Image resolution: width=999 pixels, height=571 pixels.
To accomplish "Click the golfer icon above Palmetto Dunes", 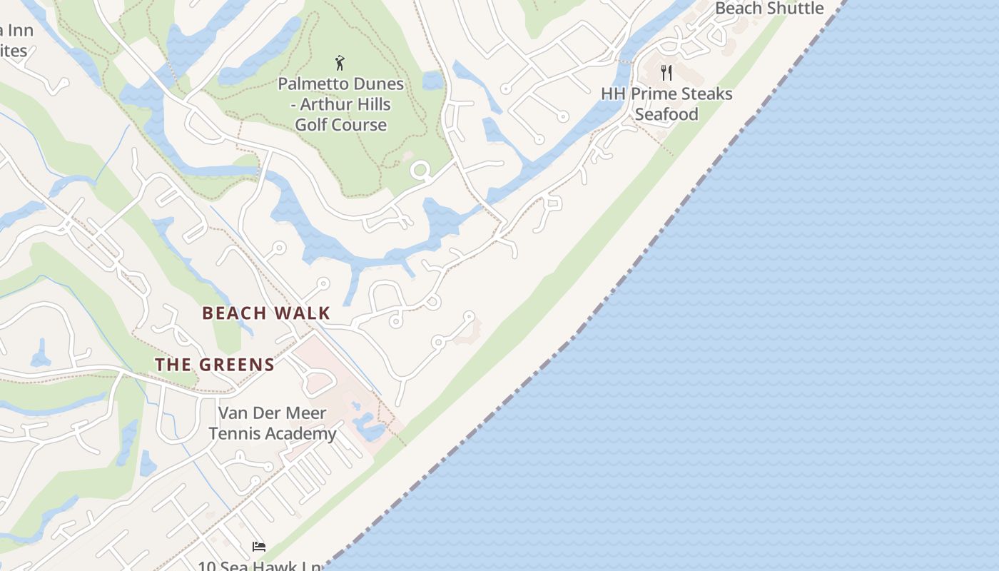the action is [340, 63].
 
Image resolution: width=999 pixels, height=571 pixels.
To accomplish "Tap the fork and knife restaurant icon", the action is [666, 72].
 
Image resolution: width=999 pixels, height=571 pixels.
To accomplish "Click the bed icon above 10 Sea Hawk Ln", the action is [259, 547].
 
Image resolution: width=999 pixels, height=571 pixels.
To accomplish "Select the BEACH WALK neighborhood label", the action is [266, 313].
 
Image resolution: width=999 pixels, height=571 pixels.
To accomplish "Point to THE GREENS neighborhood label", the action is [215, 365].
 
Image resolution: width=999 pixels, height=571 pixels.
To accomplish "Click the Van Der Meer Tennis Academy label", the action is [272, 423].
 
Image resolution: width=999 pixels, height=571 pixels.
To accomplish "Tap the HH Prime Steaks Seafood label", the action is [666, 103].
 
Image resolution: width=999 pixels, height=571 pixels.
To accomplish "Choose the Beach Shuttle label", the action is [769, 9].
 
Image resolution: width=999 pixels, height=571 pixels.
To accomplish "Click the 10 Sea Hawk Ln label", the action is [260, 566].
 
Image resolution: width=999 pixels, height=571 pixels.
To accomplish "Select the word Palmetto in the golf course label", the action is [308, 84].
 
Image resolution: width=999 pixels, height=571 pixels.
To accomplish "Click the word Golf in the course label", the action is [312, 125].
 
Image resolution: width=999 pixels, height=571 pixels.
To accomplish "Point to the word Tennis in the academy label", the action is [238, 433].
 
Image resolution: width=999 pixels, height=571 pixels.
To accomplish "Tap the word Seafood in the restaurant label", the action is [666, 114].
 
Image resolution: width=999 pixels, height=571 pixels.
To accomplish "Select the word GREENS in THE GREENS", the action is [238, 365].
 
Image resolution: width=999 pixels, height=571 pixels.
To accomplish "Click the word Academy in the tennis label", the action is [303, 433].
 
